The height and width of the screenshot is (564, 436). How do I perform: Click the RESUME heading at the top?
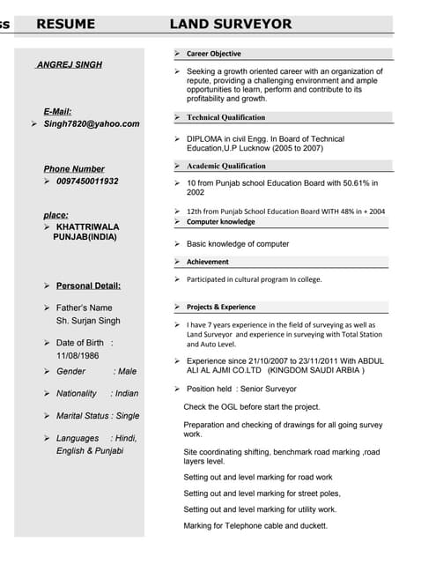pyautogui.click(x=66, y=25)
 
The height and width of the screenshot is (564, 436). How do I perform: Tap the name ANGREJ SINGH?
pyautogui.click(x=69, y=64)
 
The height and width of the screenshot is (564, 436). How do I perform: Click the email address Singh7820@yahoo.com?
pyautogui.click(x=92, y=124)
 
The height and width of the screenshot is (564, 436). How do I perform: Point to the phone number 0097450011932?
pyautogui.click(x=87, y=182)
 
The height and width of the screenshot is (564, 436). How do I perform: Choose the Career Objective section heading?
pyautogui.click(x=213, y=54)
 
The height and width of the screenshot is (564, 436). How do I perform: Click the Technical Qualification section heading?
pyautogui.click(x=225, y=117)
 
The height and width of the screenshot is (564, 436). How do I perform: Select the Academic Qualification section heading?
pyautogui.click(x=225, y=166)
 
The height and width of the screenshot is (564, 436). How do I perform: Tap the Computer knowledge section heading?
pyautogui.click(x=220, y=222)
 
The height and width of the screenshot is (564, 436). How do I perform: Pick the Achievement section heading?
pyautogui.click(x=207, y=262)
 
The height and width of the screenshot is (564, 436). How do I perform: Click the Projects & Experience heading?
pyautogui.click(x=220, y=307)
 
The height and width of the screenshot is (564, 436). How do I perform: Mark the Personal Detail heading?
pyautogui.click(x=88, y=286)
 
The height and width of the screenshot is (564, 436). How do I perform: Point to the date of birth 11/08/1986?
pyautogui.click(x=78, y=355)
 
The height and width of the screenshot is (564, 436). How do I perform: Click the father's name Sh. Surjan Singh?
pyautogui.click(x=88, y=321)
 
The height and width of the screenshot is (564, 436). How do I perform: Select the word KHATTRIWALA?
pyautogui.click(x=86, y=226)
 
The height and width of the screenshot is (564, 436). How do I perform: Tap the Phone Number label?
pyautogui.click(x=74, y=168)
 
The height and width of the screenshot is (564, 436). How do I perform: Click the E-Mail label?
pyautogui.click(x=57, y=111)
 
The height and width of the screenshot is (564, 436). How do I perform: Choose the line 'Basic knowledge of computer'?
pyautogui.click(x=238, y=244)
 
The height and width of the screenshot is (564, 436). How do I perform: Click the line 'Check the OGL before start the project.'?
pyautogui.click(x=252, y=407)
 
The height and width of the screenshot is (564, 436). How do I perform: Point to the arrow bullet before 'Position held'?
pyautogui.click(x=177, y=389)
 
